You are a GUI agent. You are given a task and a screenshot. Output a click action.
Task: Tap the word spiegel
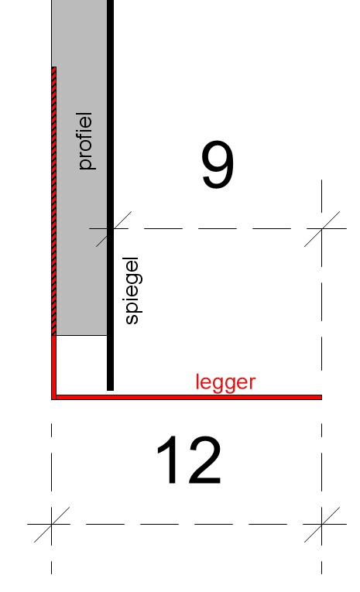[132, 291]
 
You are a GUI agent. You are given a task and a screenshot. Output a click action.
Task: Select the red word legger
[225, 383]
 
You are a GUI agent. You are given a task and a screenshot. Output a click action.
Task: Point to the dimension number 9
[218, 164]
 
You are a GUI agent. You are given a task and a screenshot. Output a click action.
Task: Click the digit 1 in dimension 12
[167, 460]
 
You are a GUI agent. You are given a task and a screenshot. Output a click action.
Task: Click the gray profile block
[81, 168]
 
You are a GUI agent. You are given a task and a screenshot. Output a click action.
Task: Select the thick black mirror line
[110, 195]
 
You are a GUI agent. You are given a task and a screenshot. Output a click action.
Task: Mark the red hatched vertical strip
[54, 201]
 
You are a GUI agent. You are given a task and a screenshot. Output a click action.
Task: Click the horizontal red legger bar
[187, 397]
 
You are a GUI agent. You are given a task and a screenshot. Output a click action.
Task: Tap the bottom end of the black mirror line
[110, 390]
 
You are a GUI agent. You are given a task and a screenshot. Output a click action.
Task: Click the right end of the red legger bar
[321, 397]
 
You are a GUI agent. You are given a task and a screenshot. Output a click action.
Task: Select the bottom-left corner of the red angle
[52, 399]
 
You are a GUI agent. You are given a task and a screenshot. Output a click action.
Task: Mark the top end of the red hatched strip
[54, 67]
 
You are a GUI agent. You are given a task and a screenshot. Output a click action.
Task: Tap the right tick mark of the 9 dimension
[322, 228]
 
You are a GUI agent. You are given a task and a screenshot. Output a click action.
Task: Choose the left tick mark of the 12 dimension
[51, 524]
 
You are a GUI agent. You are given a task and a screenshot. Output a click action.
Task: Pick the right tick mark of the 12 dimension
[322, 524]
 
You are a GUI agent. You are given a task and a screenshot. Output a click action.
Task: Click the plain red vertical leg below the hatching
[53, 364]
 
